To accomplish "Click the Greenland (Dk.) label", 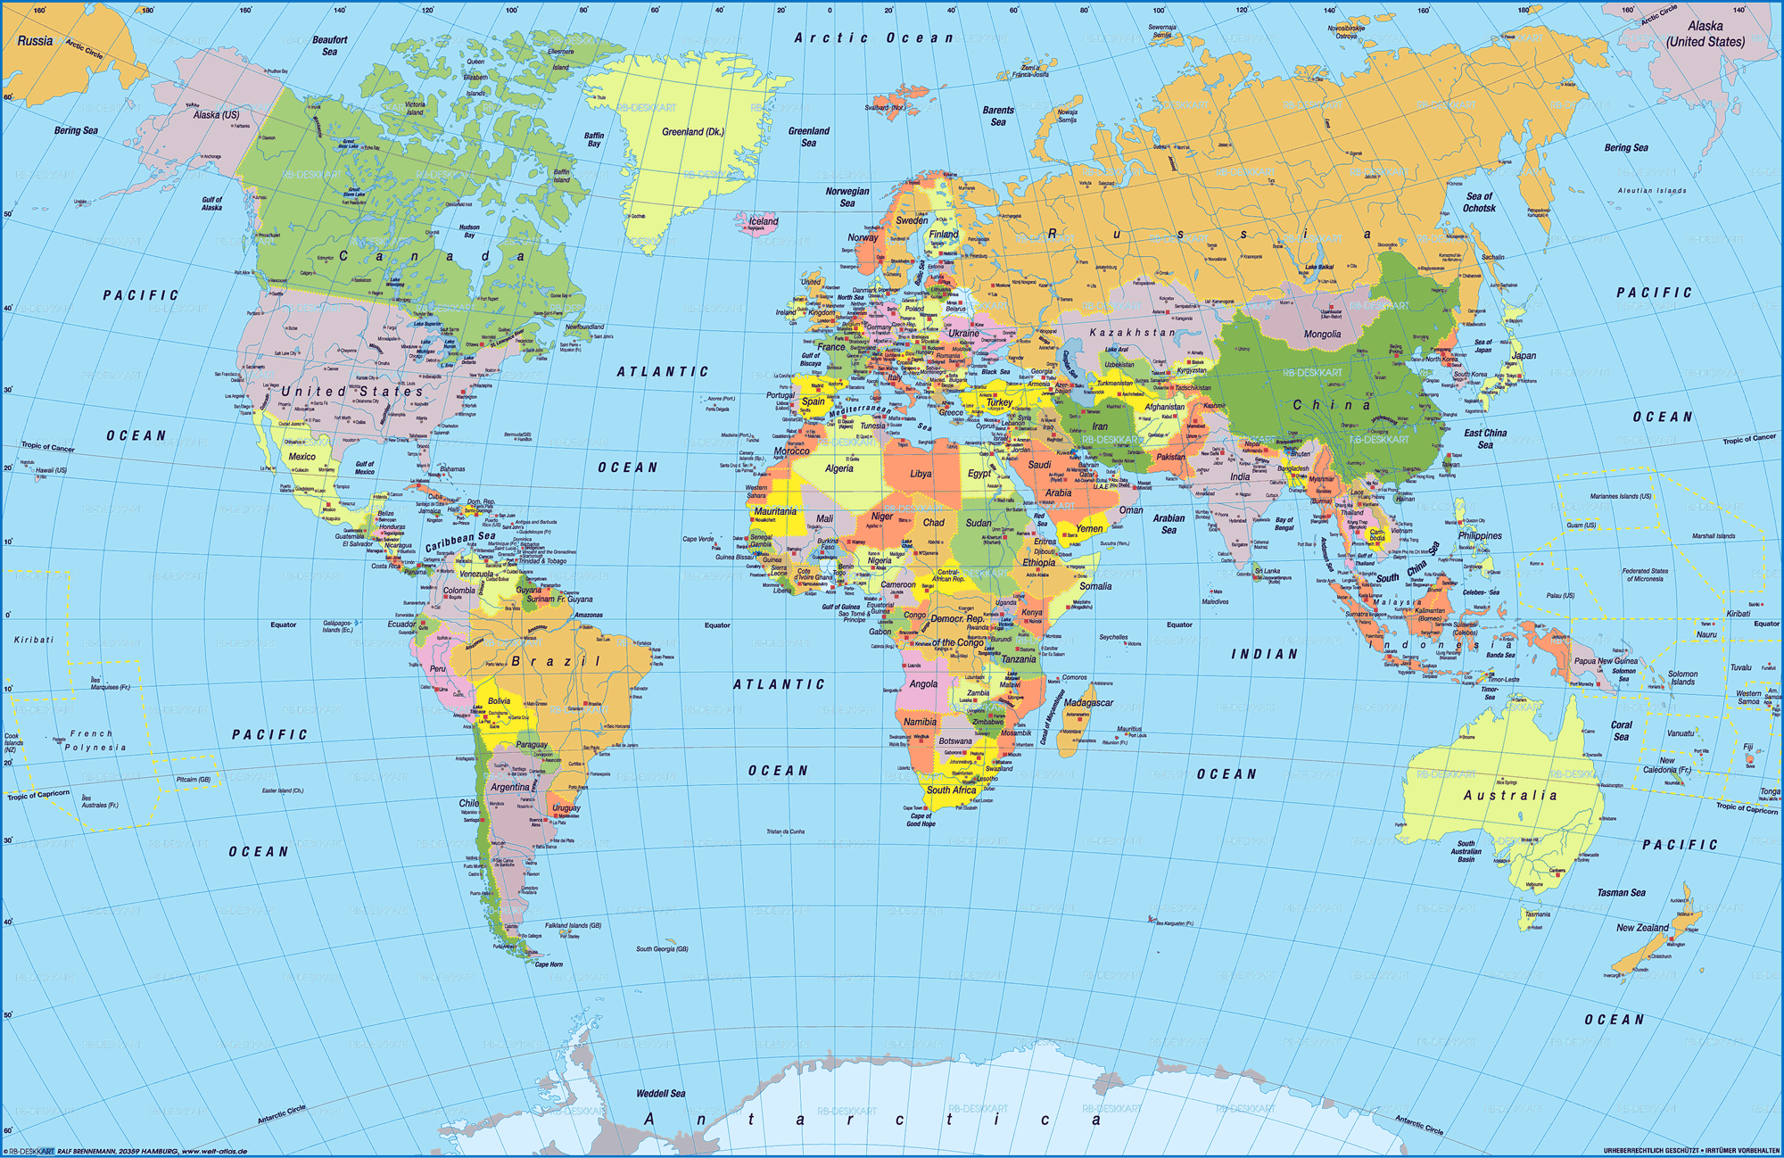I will [692, 132].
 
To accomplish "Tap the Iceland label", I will [763, 221].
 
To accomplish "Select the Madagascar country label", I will [1088, 703].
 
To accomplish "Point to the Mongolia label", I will [1322, 335].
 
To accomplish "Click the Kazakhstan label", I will [1132, 333].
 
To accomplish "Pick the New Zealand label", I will [1642, 928].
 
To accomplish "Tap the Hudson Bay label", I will [469, 231].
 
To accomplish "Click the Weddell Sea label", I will [660, 1094].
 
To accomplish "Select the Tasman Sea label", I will [1621, 893].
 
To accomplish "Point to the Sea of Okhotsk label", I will [1479, 203].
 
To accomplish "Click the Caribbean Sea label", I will [459, 542].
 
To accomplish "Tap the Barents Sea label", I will [998, 116].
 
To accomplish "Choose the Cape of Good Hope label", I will [921, 820].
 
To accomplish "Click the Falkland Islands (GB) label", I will [574, 926].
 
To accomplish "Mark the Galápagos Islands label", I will [337, 626].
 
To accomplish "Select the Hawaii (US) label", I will [51, 470].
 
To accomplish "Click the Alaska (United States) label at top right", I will [1705, 34].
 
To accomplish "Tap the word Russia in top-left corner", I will [35, 41].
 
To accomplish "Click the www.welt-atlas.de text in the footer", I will [214, 1152].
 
